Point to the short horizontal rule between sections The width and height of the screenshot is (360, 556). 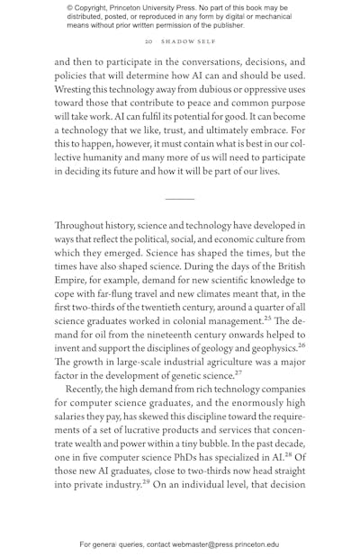pos(179,198)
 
